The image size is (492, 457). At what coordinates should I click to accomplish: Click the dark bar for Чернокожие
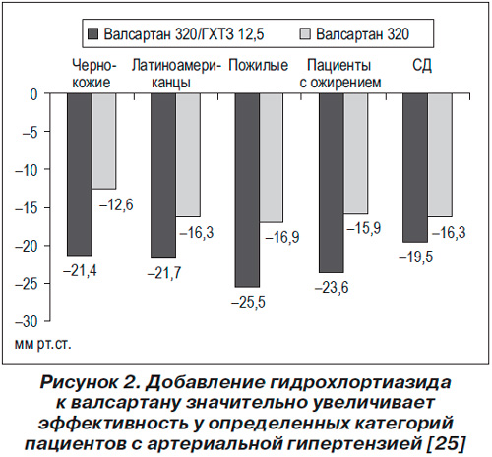point(80,174)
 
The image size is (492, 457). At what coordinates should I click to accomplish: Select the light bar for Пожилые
point(271,158)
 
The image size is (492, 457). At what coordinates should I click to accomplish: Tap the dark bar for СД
point(415,168)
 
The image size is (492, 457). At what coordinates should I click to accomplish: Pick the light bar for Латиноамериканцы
point(188,155)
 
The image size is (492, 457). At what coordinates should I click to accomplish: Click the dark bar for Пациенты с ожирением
point(332,183)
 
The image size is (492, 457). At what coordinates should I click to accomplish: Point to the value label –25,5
point(248,302)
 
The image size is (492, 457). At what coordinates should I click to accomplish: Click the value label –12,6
point(116,205)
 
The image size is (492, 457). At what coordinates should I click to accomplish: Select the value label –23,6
point(332,288)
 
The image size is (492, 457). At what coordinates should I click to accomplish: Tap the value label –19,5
point(416,257)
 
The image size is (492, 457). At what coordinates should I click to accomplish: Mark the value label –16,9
point(282,237)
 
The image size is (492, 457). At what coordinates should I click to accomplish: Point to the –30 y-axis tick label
point(27,321)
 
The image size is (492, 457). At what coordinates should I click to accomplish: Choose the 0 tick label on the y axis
point(34,94)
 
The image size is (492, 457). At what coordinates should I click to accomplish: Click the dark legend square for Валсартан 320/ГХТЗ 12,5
point(93,34)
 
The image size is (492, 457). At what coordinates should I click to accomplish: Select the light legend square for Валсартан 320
point(305,34)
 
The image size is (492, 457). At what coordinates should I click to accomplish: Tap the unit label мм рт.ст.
point(42,345)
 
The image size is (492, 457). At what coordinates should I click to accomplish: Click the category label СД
point(422,66)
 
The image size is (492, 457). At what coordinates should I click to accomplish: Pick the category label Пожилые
point(259,65)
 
